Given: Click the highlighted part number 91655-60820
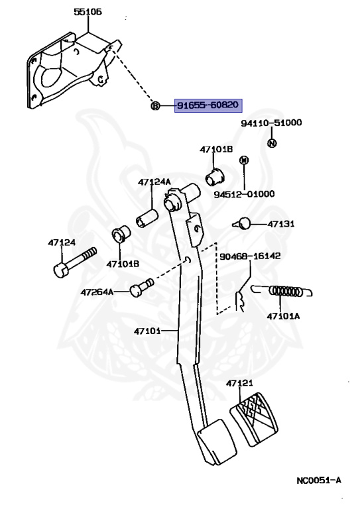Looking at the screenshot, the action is pyautogui.click(x=208, y=105).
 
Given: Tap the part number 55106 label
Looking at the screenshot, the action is pyautogui.click(x=88, y=12).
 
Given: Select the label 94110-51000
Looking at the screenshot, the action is pyautogui.click(x=271, y=123).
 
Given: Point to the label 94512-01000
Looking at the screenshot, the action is pyautogui.click(x=244, y=194).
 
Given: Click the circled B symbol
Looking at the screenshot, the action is pyautogui.click(x=156, y=105).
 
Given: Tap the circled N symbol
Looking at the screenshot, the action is pyautogui.click(x=272, y=143).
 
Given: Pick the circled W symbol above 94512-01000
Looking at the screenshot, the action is pyautogui.click(x=244, y=160).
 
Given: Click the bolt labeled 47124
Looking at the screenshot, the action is pyautogui.click(x=74, y=262).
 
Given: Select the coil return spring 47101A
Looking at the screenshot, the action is pyautogui.click(x=282, y=291).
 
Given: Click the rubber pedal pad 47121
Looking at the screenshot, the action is pyautogui.click(x=254, y=419).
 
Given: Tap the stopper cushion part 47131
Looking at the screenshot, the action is pyautogui.click(x=242, y=223).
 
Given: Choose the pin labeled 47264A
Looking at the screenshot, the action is pyautogui.click(x=141, y=287).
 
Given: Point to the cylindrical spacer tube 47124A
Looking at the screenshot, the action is pyautogui.click(x=147, y=219).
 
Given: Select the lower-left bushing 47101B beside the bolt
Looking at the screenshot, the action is pyautogui.click(x=121, y=234).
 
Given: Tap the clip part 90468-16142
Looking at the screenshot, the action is pyautogui.click(x=240, y=302).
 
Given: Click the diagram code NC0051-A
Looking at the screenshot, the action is pyautogui.click(x=319, y=481).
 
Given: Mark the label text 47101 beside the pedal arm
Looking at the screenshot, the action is pyautogui.click(x=147, y=331).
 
